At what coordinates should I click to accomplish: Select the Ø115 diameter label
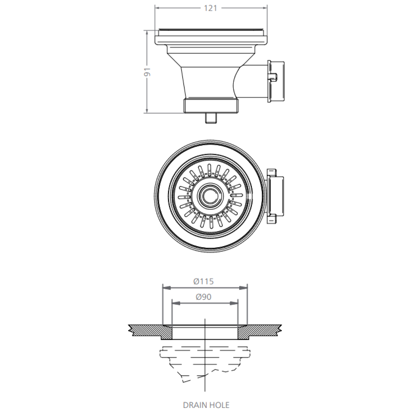204,281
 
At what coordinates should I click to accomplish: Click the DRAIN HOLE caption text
206,405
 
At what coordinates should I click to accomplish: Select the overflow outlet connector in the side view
276,82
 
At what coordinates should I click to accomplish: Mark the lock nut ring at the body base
210,106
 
